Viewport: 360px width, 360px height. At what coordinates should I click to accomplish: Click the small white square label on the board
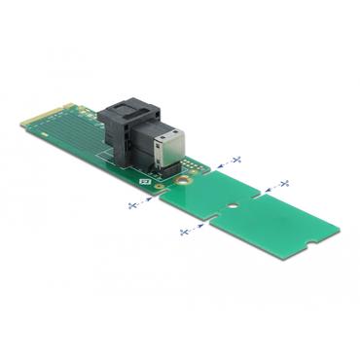pyautogui.click(x=145, y=180)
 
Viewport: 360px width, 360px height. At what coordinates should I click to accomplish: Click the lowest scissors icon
pyautogui.click(x=184, y=232)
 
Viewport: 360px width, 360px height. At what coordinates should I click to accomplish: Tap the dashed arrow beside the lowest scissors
pyautogui.click(x=198, y=226)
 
